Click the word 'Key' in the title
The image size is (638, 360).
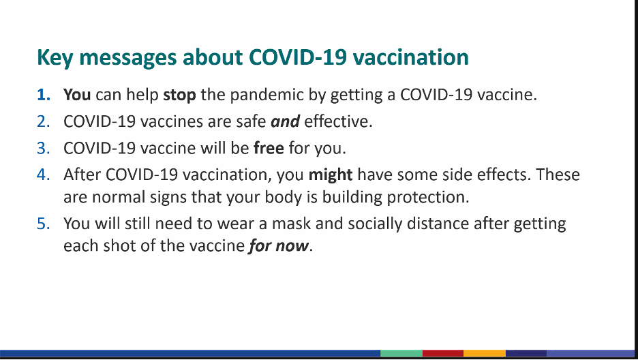(55, 58)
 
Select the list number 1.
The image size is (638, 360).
(44, 95)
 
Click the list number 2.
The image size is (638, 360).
(44, 121)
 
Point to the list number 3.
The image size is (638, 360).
(44, 148)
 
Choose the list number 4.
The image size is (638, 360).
(44, 175)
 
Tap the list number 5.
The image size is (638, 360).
(44, 224)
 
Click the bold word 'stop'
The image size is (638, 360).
(179, 95)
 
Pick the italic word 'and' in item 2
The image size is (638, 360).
(285, 121)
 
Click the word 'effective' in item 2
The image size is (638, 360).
(336, 121)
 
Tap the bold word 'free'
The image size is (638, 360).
(269, 148)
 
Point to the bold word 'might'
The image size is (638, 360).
(331, 175)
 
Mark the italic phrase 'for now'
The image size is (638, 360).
(279, 246)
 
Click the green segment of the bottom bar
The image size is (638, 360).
(401, 353)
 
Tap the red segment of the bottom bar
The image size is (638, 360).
(443, 353)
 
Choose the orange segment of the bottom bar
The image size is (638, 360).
(485, 353)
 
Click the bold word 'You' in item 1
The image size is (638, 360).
(77, 95)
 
